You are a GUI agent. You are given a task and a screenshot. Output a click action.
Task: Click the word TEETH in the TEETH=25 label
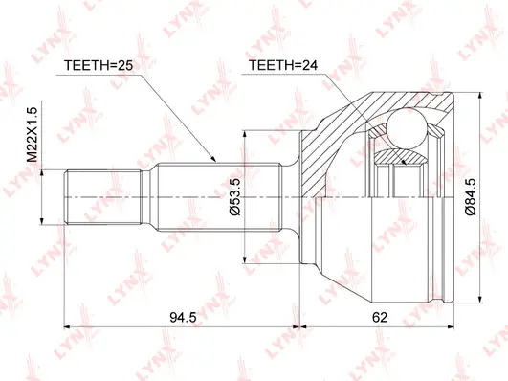tap(85, 65)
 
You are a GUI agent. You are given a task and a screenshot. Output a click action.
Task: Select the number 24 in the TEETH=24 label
tap(303, 65)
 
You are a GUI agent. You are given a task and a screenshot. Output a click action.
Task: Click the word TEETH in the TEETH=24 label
tap(271, 65)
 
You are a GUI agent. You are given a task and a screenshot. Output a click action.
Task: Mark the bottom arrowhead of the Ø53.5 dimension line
tap(247, 260)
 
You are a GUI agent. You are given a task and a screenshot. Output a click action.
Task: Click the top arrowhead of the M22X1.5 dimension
tap(44, 169)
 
